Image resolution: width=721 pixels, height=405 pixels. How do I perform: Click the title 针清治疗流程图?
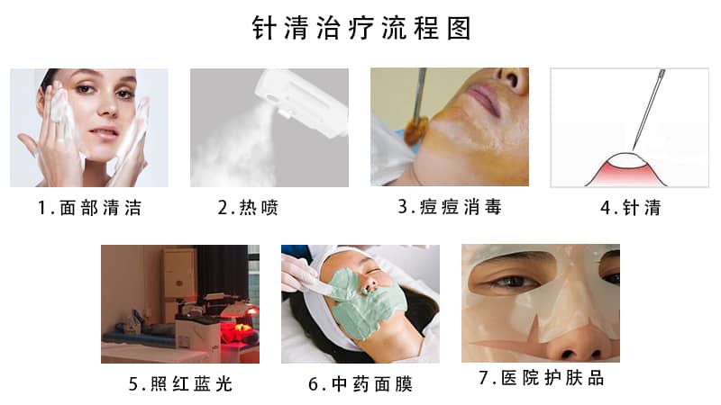(x=360, y=29)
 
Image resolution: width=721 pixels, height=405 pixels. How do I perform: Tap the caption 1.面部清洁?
(x=89, y=209)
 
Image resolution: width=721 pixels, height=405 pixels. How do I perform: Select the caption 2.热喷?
(x=248, y=209)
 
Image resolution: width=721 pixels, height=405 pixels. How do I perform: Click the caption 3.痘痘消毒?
(x=450, y=207)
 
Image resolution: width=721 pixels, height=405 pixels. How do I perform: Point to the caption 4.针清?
(x=630, y=209)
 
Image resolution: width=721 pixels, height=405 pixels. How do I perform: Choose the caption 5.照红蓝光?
(x=180, y=384)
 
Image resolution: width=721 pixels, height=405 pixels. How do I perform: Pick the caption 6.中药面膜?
(x=360, y=384)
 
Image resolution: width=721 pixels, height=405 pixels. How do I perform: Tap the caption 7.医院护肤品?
(x=541, y=379)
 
